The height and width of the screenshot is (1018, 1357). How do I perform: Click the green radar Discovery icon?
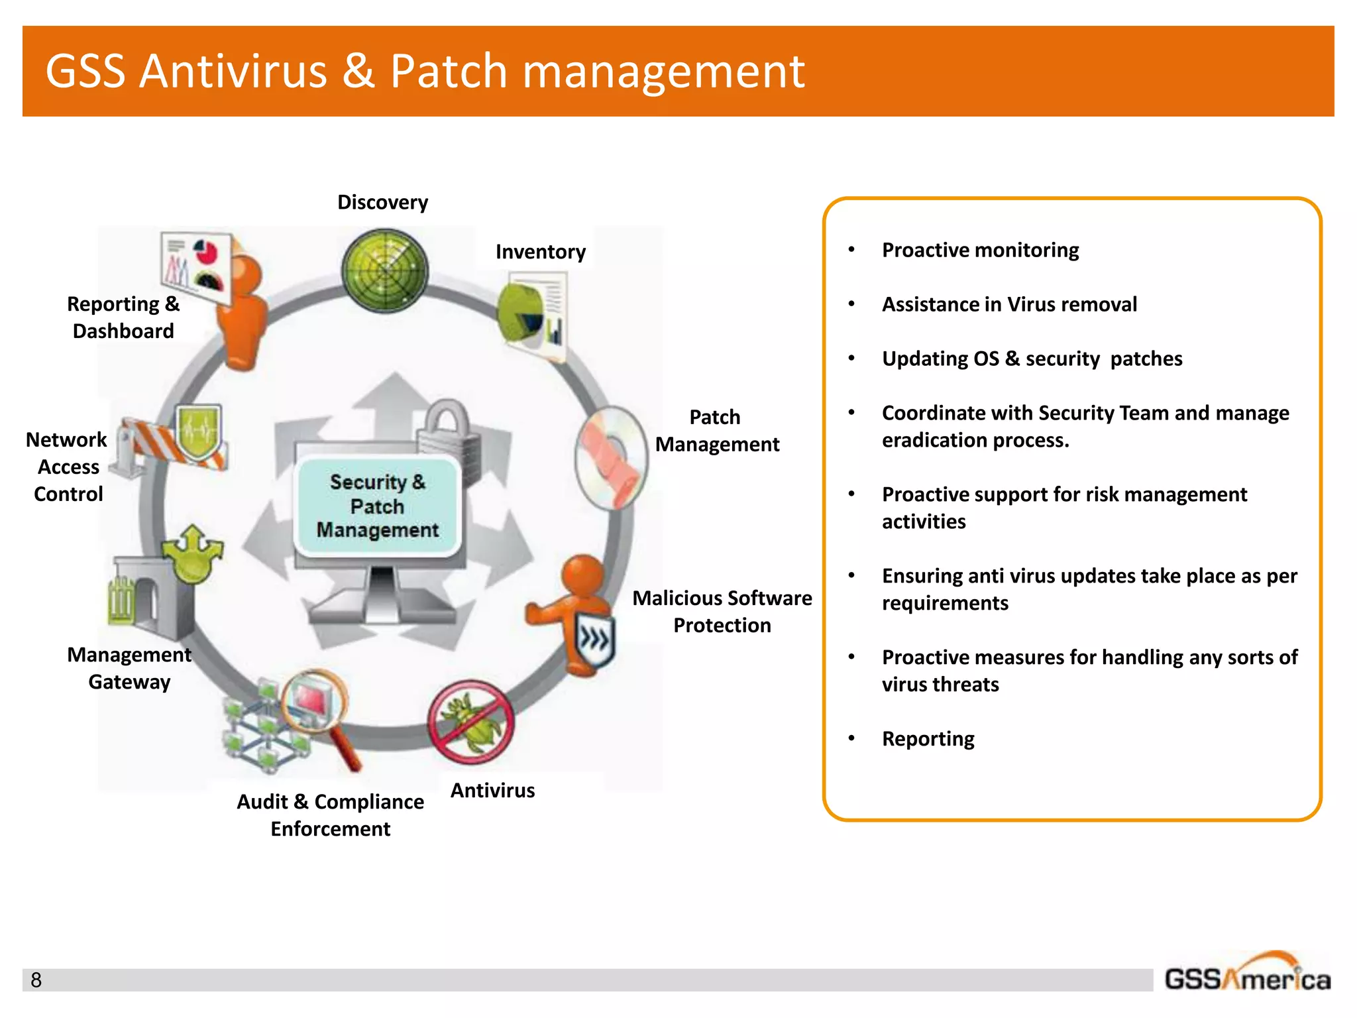pos(385,270)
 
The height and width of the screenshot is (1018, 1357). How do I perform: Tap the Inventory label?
pos(540,252)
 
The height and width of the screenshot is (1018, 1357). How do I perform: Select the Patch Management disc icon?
pos(611,457)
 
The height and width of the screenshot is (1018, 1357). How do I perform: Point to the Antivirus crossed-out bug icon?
pos(471,722)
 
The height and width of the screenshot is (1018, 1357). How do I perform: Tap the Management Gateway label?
pos(129,668)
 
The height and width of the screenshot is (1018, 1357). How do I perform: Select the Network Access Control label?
pos(68,467)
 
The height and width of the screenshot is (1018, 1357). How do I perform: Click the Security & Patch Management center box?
pos(378,506)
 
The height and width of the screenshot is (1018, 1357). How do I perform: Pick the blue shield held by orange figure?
pos(594,640)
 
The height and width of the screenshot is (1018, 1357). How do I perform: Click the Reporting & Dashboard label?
pos(123,317)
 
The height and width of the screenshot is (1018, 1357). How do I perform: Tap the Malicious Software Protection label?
pos(722,611)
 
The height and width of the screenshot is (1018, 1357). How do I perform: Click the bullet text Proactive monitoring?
pos(980,250)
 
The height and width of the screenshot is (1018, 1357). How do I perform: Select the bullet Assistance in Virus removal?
pos(1008,304)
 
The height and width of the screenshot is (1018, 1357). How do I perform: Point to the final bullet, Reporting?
pos(928,738)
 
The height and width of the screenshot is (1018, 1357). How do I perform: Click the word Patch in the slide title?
pos(449,71)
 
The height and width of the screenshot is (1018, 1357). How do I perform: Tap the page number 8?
pos(36,980)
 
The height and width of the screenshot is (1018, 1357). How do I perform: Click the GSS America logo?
pos(1247,974)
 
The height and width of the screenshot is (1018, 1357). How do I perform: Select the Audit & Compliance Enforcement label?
pos(330,815)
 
